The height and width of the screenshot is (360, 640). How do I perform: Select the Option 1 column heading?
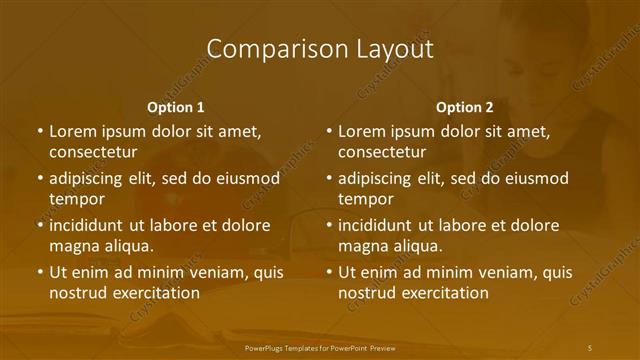click(x=176, y=106)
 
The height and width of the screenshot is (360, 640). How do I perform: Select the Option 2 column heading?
click(x=465, y=106)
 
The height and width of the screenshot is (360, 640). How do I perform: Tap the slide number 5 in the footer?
click(x=590, y=347)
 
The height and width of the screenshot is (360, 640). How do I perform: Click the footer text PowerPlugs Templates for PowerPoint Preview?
click(x=319, y=347)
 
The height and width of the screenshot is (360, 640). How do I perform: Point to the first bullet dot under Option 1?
click(x=40, y=131)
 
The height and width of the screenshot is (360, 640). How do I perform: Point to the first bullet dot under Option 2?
click(x=329, y=131)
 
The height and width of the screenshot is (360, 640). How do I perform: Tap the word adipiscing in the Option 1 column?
click(x=92, y=178)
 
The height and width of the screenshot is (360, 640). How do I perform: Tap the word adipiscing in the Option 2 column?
click(x=381, y=178)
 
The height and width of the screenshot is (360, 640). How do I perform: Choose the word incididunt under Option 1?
click(x=92, y=225)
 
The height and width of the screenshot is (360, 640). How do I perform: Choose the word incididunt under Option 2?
click(x=381, y=225)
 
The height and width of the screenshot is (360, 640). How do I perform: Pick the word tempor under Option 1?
click(x=77, y=199)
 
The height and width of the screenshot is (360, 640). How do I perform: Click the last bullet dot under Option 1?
click(x=40, y=272)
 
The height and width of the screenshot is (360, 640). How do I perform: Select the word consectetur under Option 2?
click(x=382, y=152)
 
